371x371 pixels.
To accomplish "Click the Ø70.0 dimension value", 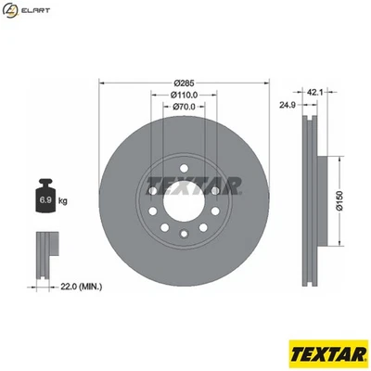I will [x=184, y=107].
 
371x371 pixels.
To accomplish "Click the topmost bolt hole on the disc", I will [x=183, y=158].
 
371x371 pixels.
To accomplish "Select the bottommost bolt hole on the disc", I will [x=183, y=233].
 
